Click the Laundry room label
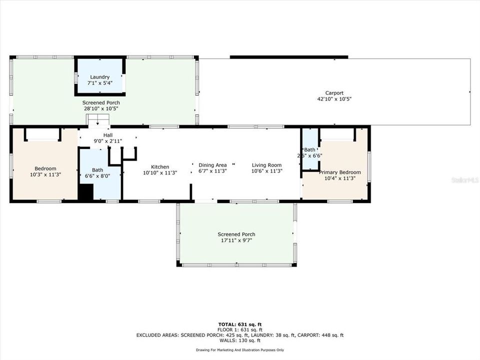tap(100, 77)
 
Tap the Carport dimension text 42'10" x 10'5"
tap(334, 99)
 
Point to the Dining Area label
tap(212, 165)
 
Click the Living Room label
tap(266, 165)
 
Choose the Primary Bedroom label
tap(339, 172)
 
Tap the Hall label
tap(108, 135)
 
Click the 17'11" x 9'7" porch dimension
tap(236, 240)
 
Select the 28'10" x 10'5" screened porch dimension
tap(100, 108)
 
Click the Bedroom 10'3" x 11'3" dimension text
tap(45, 175)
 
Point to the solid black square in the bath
tap(86, 193)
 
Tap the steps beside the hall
tap(98, 120)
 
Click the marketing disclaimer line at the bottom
tap(239, 350)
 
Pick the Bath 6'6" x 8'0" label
tap(97, 173)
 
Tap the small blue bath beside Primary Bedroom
tap(310, 150)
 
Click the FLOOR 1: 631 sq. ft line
tap(239, 330)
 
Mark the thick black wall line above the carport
tap(288, 57)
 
